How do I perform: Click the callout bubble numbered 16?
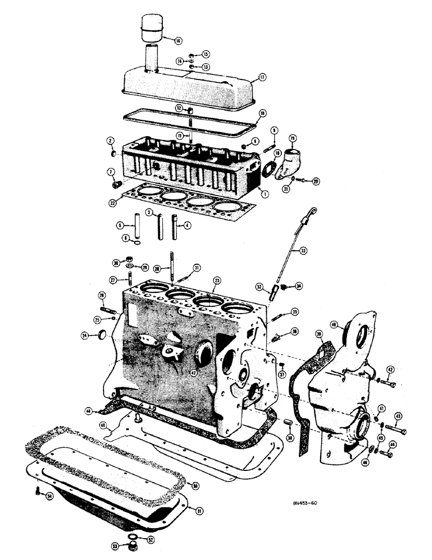[x=178, y=40]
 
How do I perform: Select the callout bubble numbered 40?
[x=335, y=324]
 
